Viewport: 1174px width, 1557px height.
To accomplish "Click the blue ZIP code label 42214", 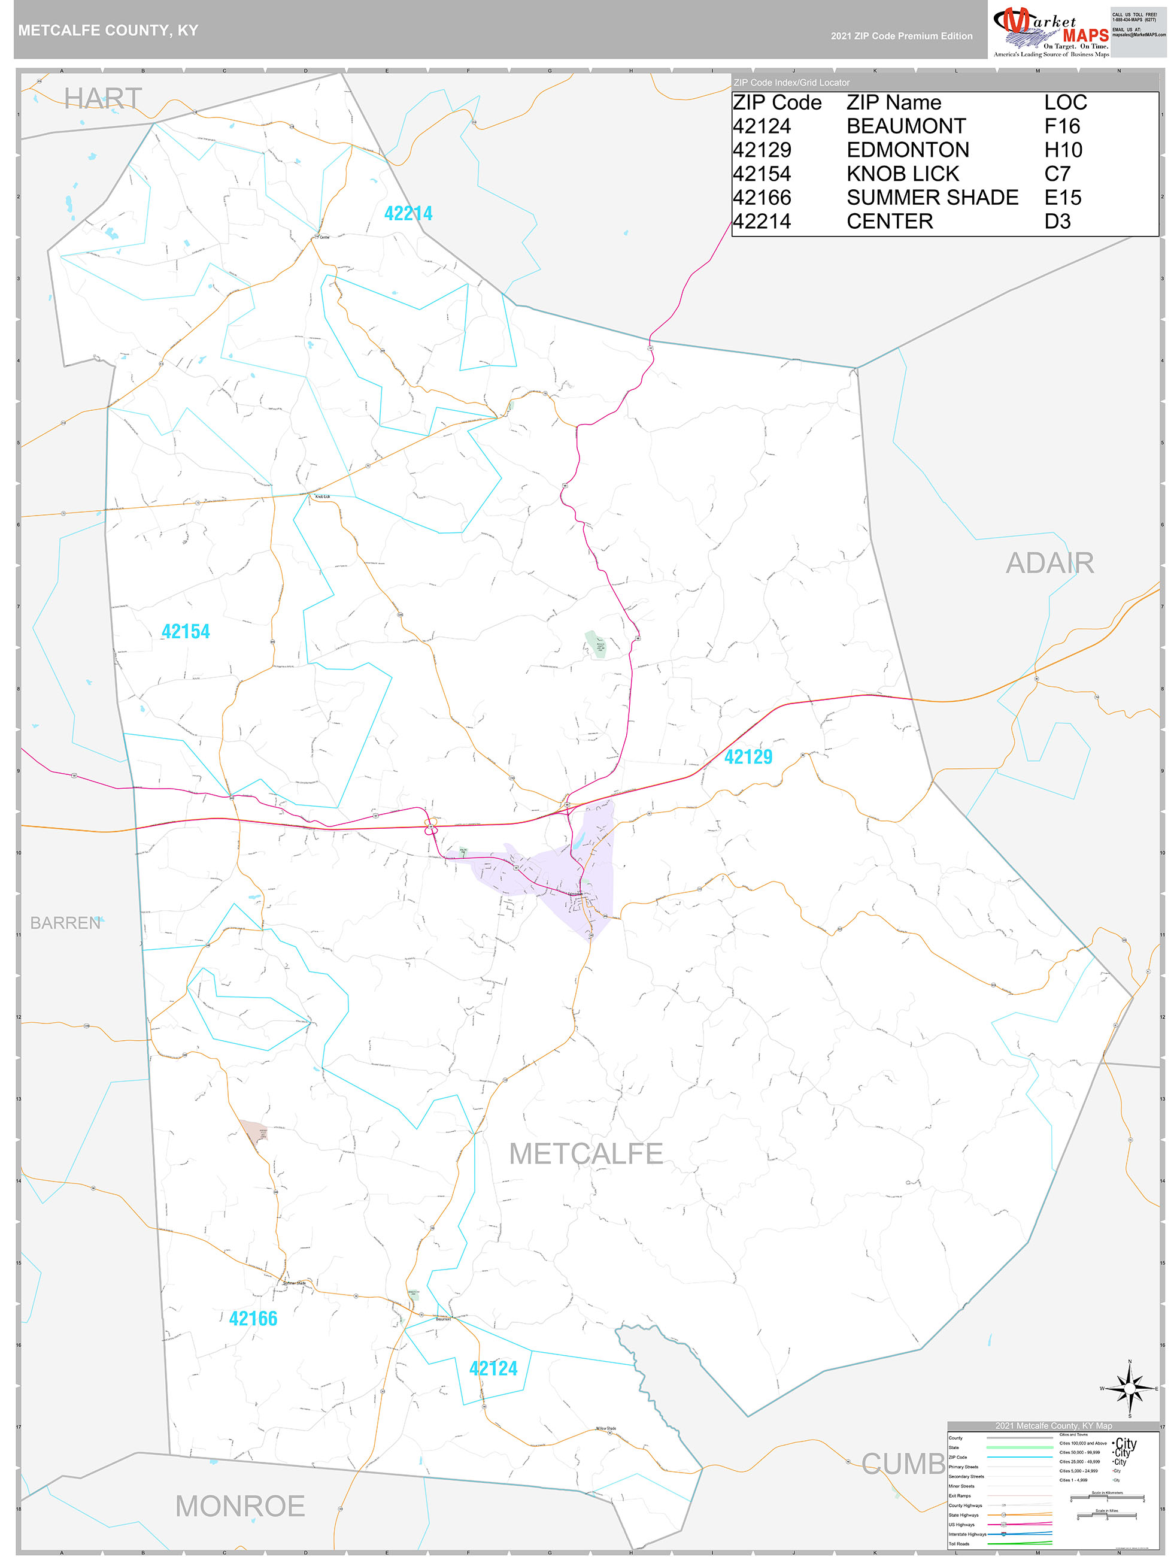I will pyautogui.click(x=408, y=213).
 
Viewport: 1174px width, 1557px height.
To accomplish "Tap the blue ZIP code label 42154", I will pyautogui.click(x=186, y=631).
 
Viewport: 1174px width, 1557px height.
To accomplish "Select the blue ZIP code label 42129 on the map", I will pyautogui.click(x=748, y=757).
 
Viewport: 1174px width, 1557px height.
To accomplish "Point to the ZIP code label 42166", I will pyautogui.click(x=253, y=1319).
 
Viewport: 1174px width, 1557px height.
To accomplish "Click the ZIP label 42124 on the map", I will pyautogui.click(x=493, y=1368).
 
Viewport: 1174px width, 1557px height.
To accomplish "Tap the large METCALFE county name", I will pyautogui.click(x=586, y=1153).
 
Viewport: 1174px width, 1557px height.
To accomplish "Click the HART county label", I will pyautogui.click(x=103, y=99).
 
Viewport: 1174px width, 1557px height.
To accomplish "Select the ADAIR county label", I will pyautogui.click(x=1049, y=563).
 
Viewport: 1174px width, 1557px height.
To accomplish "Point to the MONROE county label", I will pyautogui.click(x=240, y=1506).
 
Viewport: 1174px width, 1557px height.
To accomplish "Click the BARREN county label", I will pyautogui.click(x=65, y=923).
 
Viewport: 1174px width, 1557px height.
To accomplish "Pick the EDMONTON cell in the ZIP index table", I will pyautogui.click(x=907, y=150).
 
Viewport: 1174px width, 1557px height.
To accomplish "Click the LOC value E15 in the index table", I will pyautogui.click(x=1062, y=198).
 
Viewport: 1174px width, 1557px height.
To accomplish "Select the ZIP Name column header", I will pyautogui.click(x=893, y=103).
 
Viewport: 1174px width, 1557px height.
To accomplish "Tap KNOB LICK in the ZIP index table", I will pyautogui.click(x=902, y=174).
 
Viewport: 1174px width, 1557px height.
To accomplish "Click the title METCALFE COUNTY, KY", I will pyautogui.click(x=108, y=31).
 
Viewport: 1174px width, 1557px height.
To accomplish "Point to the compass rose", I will pyautogui.click(x=1130, y=1388).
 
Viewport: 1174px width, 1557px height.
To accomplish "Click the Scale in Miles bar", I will pyautogui.click(x=1107, y=1514).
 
